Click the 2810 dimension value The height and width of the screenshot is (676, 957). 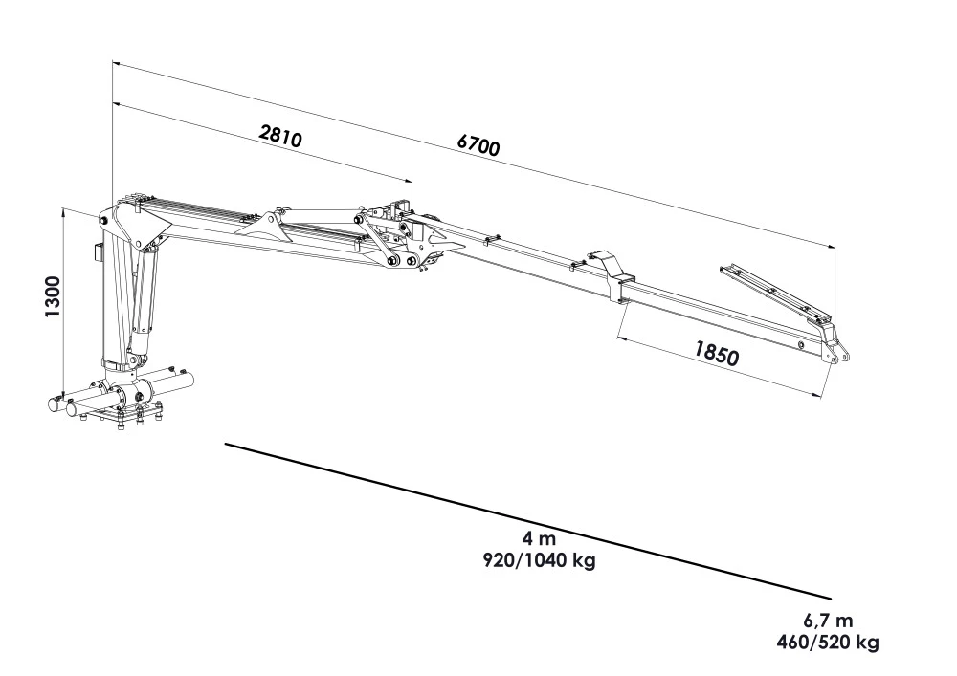(280, 136)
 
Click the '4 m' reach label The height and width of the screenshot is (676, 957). (541, 539)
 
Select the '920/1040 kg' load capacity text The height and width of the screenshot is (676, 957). (540, 560)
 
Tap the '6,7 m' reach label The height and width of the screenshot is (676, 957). (828, 620)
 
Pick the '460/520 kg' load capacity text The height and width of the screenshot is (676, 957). (827, 642)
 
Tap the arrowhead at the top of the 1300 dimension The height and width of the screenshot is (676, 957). (63, 209)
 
